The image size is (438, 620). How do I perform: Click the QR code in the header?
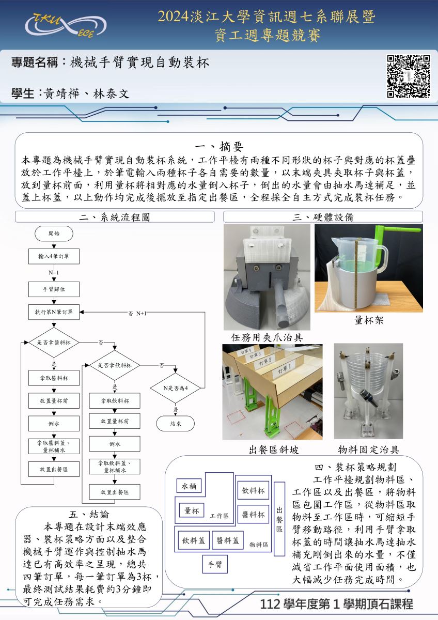tap(409, 76)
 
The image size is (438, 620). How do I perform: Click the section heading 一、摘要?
tap(219, 146)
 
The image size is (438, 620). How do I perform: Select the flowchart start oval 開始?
tap(54, 234)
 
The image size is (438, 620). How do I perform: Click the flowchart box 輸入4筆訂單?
tap(54, 256)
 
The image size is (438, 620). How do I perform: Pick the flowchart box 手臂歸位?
tap(54, 289)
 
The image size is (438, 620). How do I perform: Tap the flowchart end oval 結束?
tap(176, 423)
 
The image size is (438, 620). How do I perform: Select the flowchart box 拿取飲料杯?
tap(115, 400)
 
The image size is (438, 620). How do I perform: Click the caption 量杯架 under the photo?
tap(368, 320)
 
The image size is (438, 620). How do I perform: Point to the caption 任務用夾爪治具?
tap(267, 337)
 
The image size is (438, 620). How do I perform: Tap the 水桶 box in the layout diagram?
tap(189, 486)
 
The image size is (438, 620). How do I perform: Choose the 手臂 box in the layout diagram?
tap(214, 564)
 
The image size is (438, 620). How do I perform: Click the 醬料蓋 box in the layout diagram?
tap(227, 540)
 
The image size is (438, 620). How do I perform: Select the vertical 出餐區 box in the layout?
tap(279, 518)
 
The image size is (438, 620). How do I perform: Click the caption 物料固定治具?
tap(368, 450)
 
